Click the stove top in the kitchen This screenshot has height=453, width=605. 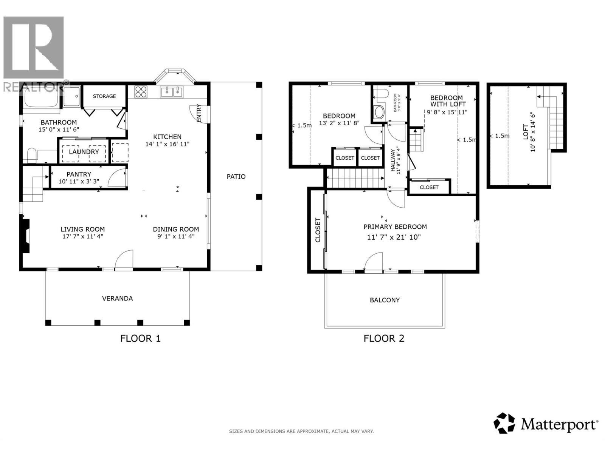tap(141, 92)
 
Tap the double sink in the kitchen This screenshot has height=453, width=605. tap(171, 92)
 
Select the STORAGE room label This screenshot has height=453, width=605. tap(104, 96)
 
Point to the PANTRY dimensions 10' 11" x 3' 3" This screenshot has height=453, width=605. tap(79, 182)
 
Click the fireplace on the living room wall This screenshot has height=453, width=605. tap(25, 236)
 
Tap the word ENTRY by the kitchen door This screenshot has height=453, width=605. tap(199, 113)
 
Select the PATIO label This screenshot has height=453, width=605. tap(236, 177)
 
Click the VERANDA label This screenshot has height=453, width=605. tap(118, 299)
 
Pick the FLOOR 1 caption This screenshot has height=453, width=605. tap(140, 338)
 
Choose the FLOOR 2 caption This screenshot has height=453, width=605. tap(384, 338)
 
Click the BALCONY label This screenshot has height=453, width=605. tap(385, 300)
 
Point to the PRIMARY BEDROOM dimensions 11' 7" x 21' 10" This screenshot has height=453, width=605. tap(394, 237)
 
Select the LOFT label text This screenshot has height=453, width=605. tap(526, 132)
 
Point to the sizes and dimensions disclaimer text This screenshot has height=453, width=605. tap(301, 431)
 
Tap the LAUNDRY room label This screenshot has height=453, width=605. tap(84, 152)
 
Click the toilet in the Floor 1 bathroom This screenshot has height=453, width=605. tap(32, 154)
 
